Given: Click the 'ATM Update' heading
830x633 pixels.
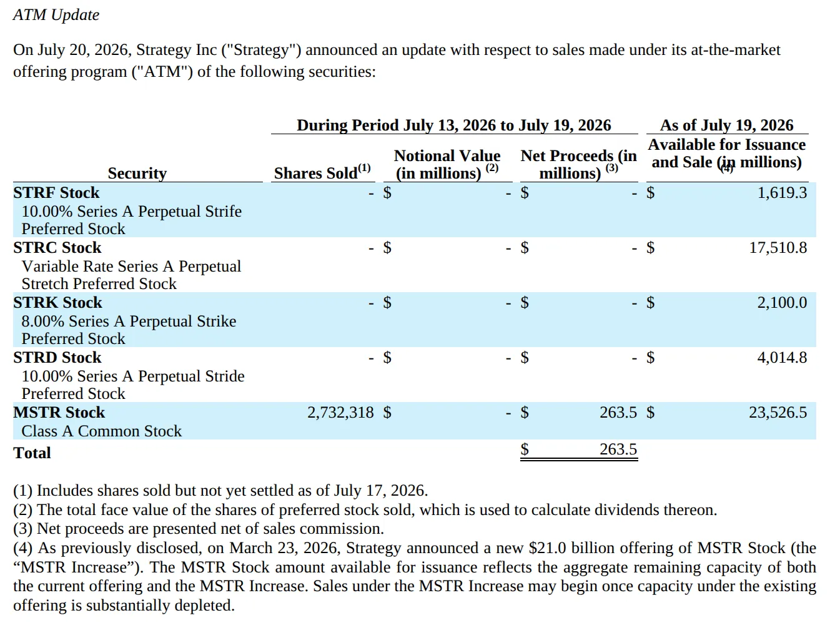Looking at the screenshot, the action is pyautogui.click(x=56, y=15).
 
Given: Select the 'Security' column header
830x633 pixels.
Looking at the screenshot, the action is pyautogui.click(x=137, y=174).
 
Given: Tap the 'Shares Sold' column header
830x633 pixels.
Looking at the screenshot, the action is pyautogui.click(x=322, y=172).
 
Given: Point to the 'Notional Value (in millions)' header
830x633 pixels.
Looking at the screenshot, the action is pyautogui.click(x=447, y=164).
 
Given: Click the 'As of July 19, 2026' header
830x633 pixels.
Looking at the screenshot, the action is pyautogui.click(x=727, y=125).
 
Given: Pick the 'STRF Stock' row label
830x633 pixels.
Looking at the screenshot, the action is pyautogui.click(x=56, y=193).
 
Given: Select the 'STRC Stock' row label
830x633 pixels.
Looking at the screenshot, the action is pyautogui.click(x=57, y=248).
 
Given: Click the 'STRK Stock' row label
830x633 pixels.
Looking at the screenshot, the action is pyautogui.click(x=58, y=302).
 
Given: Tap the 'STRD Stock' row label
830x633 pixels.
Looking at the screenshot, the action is pyautogui.click(x=57, y=357).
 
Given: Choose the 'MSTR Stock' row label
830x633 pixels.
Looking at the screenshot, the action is pyautogui.click(x=59, y=412).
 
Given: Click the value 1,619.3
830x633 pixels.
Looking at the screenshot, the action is pyautogui.click(x=782, y=193).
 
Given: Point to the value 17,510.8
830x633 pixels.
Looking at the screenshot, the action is pyautogui.click(x=778, y=248).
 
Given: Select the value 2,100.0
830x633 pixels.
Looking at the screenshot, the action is pyautogui.click(x=782, y=302).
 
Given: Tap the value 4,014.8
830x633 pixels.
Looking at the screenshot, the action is pyautogui.click(x=782, y=357).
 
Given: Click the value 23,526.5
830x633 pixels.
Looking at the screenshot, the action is pyautogui.click(x=778, y=412).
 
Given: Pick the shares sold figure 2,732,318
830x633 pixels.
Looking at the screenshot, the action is pyautogui.click(x=340, y=412).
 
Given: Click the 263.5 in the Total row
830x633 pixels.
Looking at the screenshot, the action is pyautogui.click(x=618, y=449).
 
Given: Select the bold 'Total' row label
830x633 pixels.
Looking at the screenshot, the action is pyautogui.click(x=32, y=453).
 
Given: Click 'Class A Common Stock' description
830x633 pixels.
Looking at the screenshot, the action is pyautogui.click(x=101, y=431).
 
